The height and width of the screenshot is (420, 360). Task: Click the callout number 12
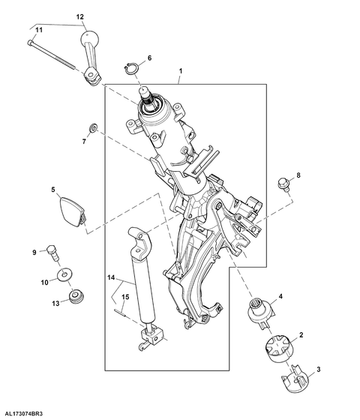pyautogui.click(x=79, y=16)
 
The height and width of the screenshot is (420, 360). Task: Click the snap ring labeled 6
pyautogui.click(x=131, y=68)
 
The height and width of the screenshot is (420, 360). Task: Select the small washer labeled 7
pyautogui.click(x=93, y=127)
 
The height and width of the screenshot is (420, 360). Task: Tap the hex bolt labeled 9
pyautogui.click(x=53, y=253)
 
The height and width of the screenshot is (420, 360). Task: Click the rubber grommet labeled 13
pyautogui.click(x=76, y=296)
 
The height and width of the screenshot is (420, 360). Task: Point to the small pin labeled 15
pyautogui.click(x=120, y=313)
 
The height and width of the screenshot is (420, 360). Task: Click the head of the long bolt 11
pyautogui.click(x=30, y=42)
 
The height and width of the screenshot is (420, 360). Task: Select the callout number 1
pyautogui.click(x=181, y=71)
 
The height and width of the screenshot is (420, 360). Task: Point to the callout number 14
pyautogui.click(x=111, y=277)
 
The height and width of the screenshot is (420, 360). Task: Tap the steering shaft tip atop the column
pyautogui.click(x=145, y=91)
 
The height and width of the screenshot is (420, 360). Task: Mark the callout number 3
pyautogui.click(x=319, y=369)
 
